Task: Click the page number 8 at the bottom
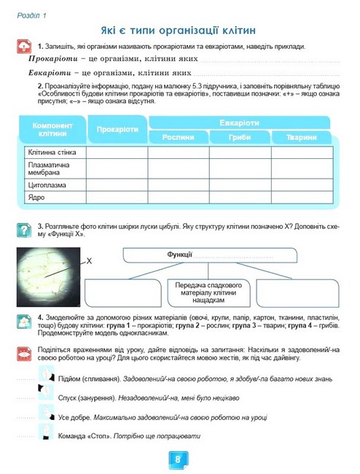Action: click(179, 460)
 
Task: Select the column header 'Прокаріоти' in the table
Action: click(117, 129)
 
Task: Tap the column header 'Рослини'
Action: click(178, 136)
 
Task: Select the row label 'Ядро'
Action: click(36, 197)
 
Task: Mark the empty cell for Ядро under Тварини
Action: click(301, 197)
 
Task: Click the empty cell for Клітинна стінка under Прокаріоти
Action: click(117, 153)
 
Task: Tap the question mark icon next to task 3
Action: click(24, 230)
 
